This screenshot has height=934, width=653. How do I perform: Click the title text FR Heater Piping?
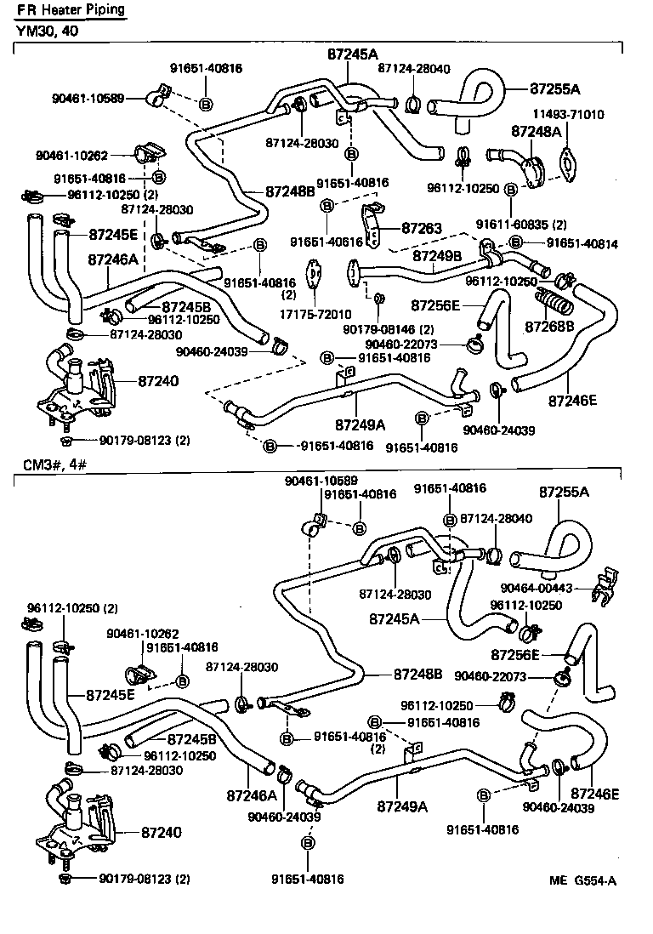71,10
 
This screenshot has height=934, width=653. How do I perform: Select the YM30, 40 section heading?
46,31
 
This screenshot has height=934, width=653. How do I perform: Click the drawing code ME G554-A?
582,880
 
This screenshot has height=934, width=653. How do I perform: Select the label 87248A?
536,132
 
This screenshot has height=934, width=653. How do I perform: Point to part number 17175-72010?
315,314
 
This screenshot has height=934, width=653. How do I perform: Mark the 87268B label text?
549,326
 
